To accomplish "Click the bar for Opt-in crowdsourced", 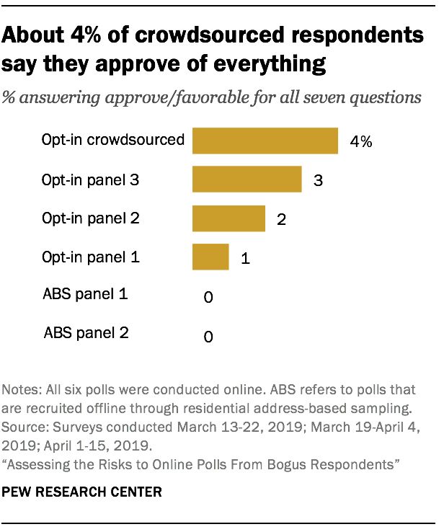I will [265, 141].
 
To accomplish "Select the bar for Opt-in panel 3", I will [247, 179].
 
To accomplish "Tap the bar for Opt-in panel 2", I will [228, 218].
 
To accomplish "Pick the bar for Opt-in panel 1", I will [210, 257].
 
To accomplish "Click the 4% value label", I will [360, 142].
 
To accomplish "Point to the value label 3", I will [316, 181].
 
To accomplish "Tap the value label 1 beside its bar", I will [245, 258].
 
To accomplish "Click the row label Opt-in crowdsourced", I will [112, 140].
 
